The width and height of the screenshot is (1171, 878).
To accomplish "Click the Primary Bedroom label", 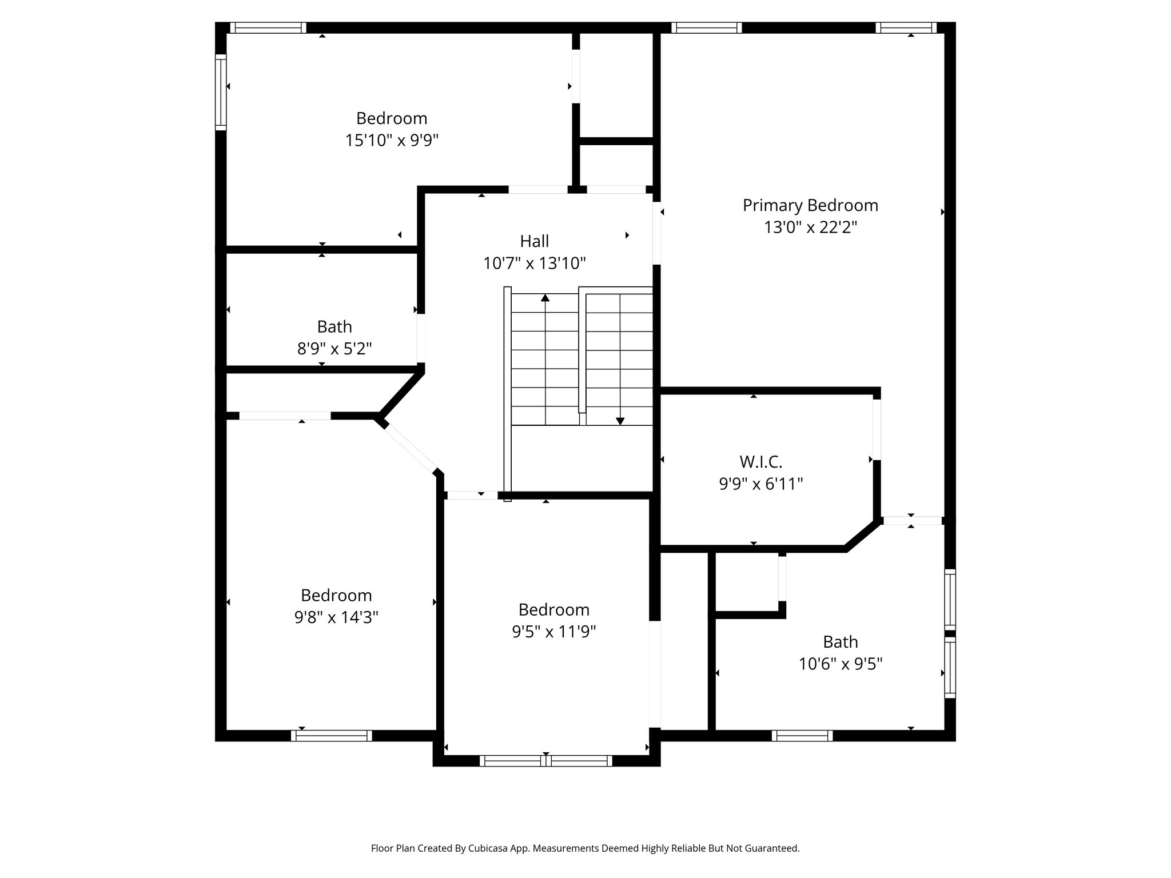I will pos(810,205).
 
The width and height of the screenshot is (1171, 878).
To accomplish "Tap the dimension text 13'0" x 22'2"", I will pos(810,228).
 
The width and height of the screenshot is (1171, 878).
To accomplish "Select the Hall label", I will pos(534,241).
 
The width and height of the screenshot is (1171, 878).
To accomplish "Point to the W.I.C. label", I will pos(760,461).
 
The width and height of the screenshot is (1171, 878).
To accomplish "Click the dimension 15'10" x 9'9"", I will pos(392,140).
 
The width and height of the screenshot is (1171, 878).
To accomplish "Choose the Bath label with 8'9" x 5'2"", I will pos(334,326).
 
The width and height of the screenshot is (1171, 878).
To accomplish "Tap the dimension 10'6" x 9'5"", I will pos(841,664).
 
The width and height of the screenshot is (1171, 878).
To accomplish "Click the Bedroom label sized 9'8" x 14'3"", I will pos(336,595).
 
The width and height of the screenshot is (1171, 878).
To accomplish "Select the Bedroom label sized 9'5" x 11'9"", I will pos(553,609).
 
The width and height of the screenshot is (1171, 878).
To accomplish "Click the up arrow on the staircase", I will pos(545,298).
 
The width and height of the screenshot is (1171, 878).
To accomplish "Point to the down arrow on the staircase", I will pos(620,421).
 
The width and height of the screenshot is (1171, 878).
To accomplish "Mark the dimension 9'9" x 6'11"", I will pos(760,484).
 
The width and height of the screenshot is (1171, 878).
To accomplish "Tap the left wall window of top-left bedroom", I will pos(221,92).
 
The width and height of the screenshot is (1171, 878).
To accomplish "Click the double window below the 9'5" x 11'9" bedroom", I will pos(545,761).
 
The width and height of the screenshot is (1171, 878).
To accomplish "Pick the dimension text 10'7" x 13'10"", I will pos(534,264).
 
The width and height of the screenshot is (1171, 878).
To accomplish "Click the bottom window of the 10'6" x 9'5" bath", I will pos(802,736).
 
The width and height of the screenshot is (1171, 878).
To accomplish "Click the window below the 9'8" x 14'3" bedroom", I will pos(332,736).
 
